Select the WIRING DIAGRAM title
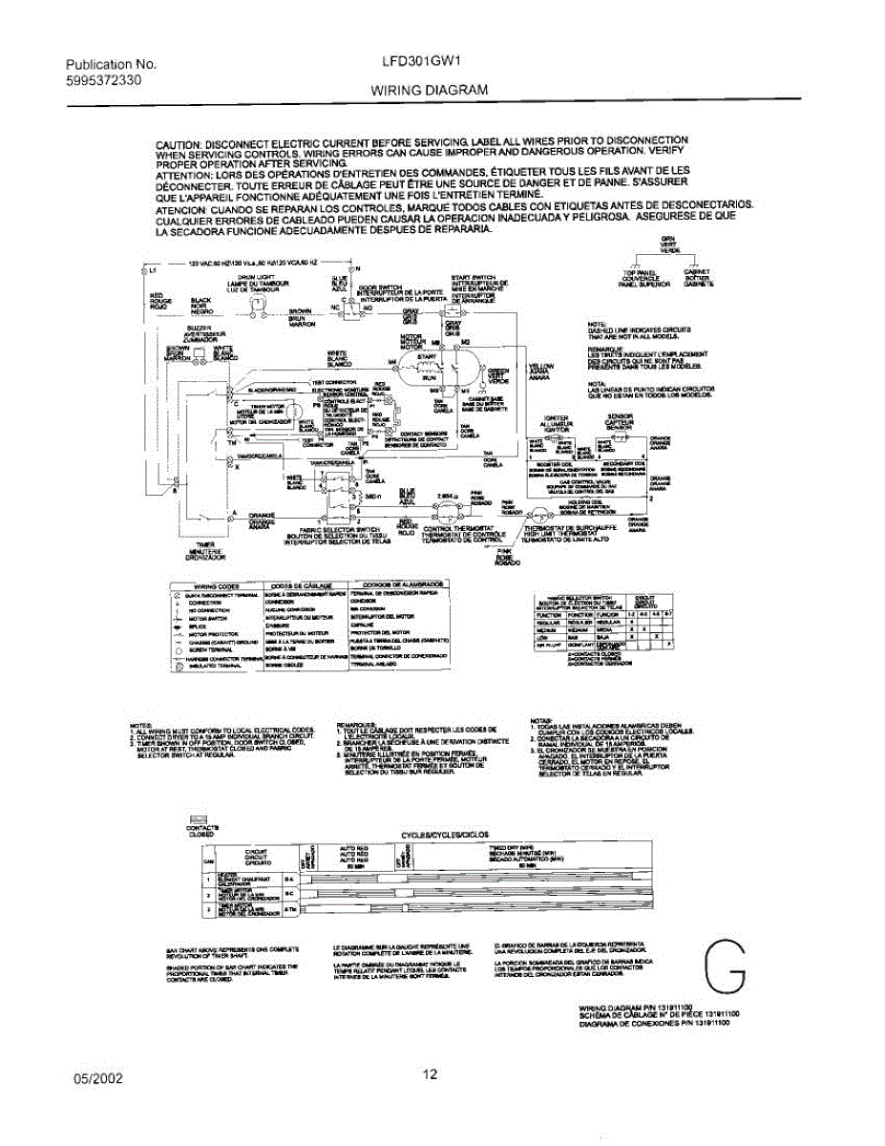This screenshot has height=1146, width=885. tap(430, 89)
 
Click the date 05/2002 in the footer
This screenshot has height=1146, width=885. tap(98, 1077)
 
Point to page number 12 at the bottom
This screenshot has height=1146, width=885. tap(430, 1074)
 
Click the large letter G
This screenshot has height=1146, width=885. tap(725, 966)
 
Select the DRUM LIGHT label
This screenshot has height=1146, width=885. tap(250, 276)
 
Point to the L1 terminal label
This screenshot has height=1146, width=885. tap(154, 272)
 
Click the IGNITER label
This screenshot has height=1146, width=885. tap(556, 417)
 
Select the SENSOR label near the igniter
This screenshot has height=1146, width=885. tap(622, 417)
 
